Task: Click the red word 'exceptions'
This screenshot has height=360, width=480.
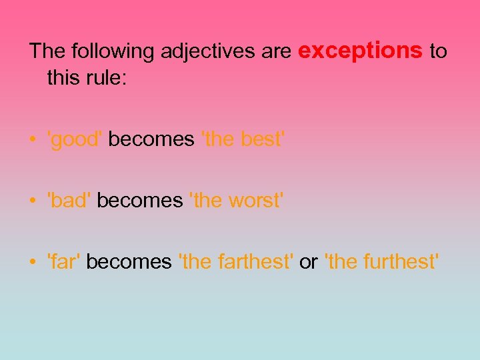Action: [x=361, y=51]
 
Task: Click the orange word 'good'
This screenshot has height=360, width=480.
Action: [x=75, y=140]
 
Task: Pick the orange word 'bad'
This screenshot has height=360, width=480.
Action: [x=69, y=201]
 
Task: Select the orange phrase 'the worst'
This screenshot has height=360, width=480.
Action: [x=237, y=201]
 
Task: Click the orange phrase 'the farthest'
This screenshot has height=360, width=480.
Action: [x=236, y=262]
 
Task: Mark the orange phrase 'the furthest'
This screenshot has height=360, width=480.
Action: [x=382, y=262]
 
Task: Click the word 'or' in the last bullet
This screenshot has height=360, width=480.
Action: [x=308, y=263]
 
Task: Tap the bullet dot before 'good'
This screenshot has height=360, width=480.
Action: [x=33, y=141]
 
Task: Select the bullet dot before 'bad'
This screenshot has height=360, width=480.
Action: [x=33, y=201]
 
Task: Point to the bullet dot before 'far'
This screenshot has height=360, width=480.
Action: [x=33, y=263]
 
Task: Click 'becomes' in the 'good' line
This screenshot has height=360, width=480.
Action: [x=151, y=140]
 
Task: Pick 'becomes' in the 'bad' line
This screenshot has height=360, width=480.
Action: [x=139, y=201]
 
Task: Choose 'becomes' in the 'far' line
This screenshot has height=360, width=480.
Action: [x=129, y=262]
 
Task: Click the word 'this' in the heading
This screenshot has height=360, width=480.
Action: [x=65, y=78]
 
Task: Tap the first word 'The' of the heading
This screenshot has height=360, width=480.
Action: [x=46, y=51]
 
